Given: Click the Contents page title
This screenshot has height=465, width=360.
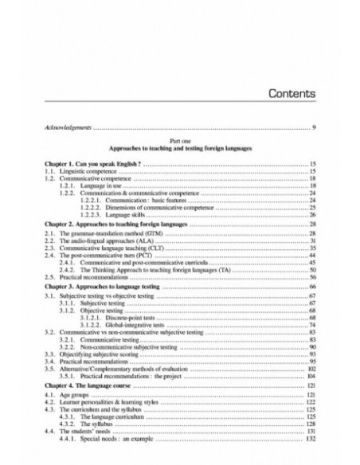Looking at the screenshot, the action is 281,93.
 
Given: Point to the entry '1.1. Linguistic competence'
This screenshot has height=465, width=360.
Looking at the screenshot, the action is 79,171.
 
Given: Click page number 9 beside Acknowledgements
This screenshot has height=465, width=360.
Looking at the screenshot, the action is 315,128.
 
